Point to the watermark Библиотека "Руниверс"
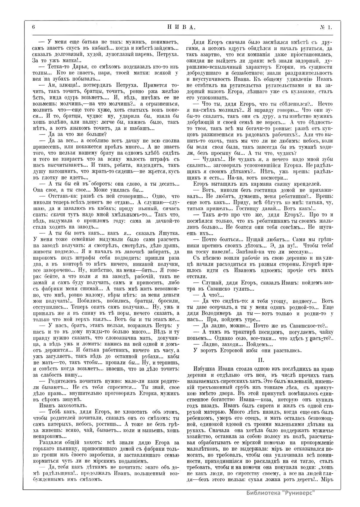click(x=281, y=501)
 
